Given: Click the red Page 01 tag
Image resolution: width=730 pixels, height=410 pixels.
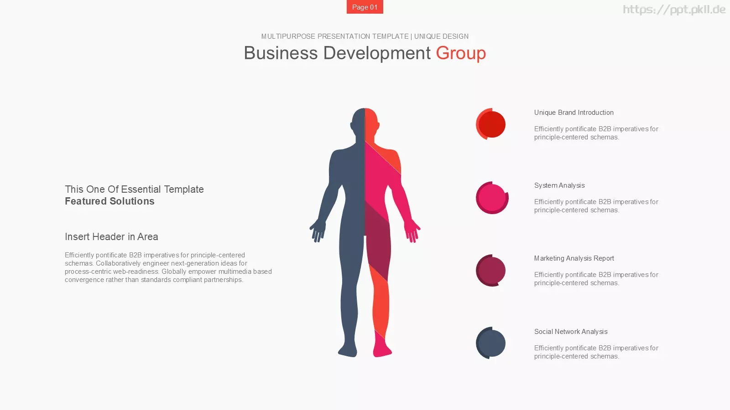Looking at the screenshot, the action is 365,7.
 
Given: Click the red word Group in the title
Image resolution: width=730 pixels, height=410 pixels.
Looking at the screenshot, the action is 461,53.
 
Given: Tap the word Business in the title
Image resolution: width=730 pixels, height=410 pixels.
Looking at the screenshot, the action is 281,53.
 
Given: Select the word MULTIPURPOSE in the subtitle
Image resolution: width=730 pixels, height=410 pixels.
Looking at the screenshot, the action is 288,36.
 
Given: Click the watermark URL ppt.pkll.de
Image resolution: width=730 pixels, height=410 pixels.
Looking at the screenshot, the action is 674,10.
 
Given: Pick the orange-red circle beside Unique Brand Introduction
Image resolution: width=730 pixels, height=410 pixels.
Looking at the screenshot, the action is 491,124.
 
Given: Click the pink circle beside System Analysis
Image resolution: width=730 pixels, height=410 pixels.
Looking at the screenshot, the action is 492,198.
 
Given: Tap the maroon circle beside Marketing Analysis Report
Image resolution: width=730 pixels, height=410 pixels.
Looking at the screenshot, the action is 491,271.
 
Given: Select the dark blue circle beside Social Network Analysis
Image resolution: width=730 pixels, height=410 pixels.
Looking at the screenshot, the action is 491,343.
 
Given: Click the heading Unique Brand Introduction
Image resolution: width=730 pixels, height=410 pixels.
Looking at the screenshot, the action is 574,113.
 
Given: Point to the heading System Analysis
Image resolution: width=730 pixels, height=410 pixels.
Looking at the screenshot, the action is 559,185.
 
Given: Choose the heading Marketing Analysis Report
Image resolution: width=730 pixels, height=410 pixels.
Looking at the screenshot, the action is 574,258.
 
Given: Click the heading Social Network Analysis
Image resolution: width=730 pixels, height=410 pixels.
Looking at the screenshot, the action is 571,332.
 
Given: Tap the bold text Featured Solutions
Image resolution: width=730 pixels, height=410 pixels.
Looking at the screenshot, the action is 109,201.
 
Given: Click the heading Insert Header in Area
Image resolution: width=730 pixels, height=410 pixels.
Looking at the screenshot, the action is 111,236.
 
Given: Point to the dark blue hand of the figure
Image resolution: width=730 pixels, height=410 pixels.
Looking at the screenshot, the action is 317,231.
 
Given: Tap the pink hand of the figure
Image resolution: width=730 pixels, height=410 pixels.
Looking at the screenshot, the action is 412,231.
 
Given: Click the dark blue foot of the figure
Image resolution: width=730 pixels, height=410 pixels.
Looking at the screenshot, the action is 348,349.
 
